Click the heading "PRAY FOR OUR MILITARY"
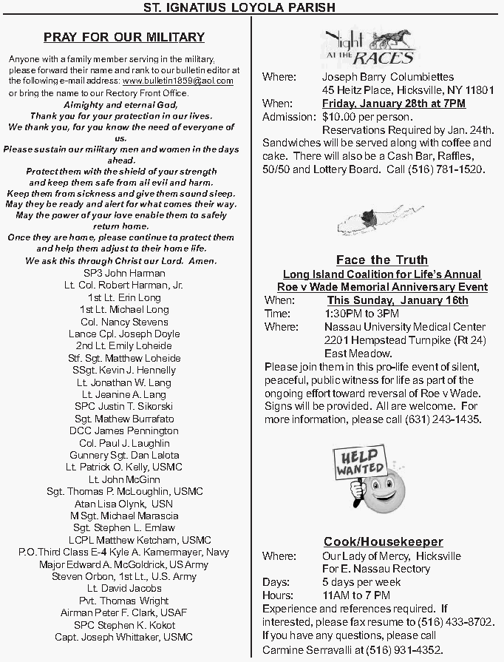tap(124, 37)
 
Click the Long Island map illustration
tap(367, 220)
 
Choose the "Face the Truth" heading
tap(382, 260)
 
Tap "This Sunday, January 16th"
tap(398, 300)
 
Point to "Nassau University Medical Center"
tap(405, 327)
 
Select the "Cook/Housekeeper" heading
tap(383, 542)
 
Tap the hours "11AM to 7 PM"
tap(356, 595)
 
